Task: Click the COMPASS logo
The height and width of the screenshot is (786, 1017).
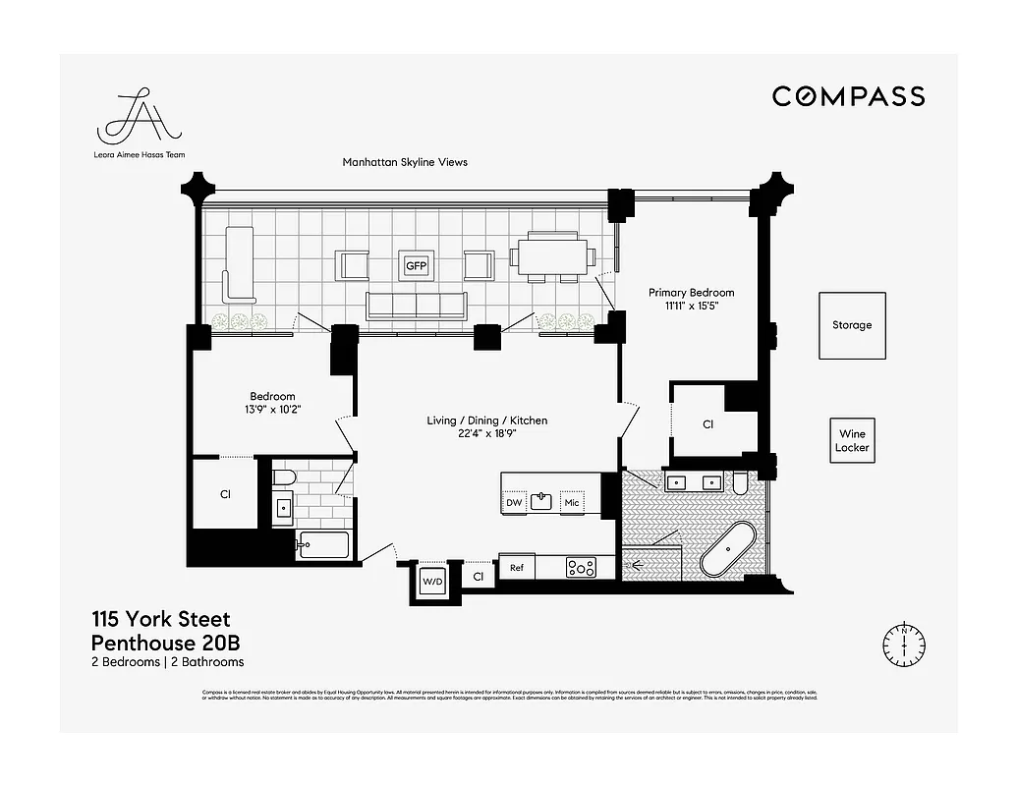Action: coord(848,95)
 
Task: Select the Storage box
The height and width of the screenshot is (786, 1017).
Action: coord(852,325)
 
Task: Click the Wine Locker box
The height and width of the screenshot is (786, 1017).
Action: coord(853,440)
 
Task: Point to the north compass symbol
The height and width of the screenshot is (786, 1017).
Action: coord(903,643)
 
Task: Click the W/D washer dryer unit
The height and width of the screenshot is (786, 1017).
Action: coord(432,580)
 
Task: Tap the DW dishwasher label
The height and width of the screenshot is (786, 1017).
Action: coord(514,503)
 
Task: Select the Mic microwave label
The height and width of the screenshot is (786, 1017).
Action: coord(572,503)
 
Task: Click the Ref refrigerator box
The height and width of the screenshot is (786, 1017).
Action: coord(515,567)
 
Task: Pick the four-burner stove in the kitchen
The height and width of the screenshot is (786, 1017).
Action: coord(581,567)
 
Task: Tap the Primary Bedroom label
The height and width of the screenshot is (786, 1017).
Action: coord(691,293)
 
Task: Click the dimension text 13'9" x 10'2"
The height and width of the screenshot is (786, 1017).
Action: coord(272,410)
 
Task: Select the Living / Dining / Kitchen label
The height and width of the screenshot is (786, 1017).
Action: coord(486,421)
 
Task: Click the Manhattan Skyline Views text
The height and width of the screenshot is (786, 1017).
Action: coord(405,162)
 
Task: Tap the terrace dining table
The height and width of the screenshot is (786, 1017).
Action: coord(552,257)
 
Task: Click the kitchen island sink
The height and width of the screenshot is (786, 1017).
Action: coord(541,501)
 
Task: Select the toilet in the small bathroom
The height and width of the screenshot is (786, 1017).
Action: coord(283,478)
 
